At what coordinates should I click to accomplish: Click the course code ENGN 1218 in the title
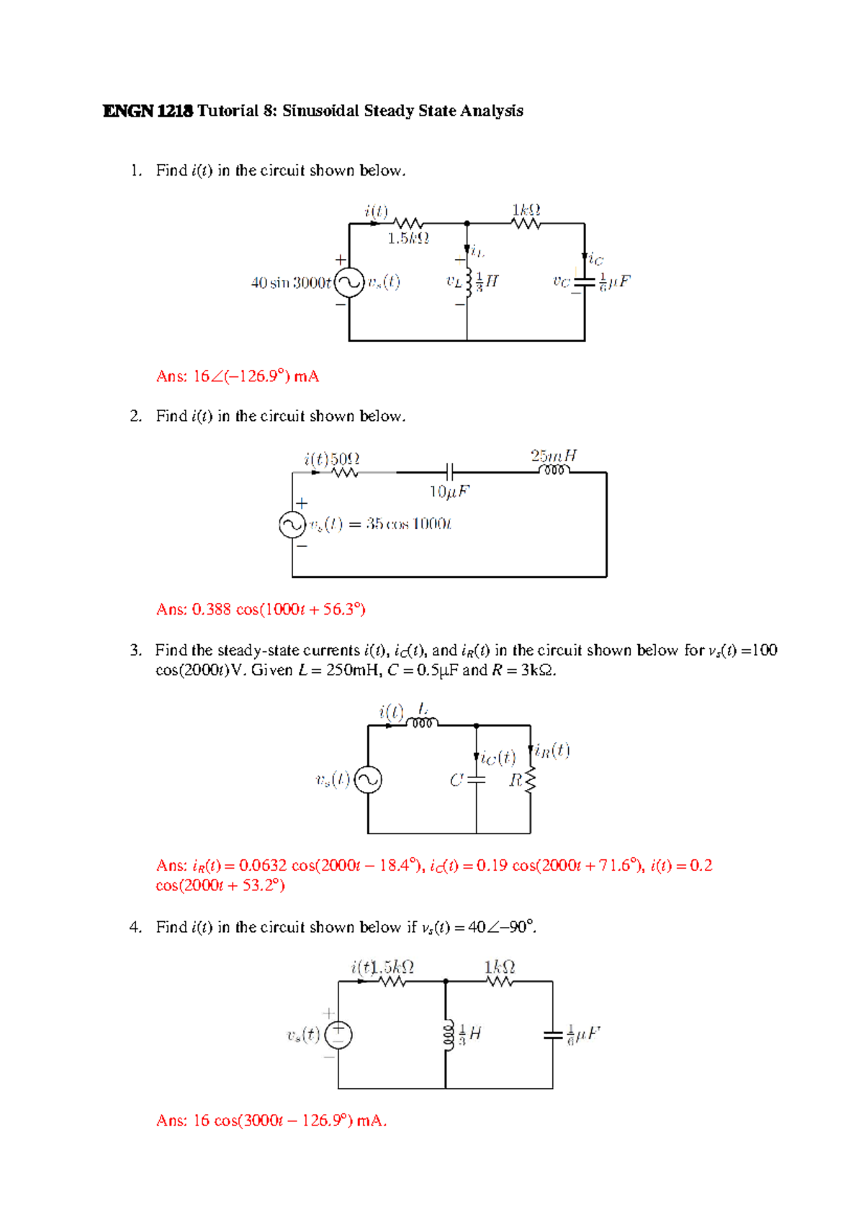tap(148, 111)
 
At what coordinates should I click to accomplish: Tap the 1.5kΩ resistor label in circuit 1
tap(408, 238)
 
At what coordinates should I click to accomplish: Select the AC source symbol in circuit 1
tap(349, 283)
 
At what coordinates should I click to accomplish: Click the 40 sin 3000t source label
tap(291, 283)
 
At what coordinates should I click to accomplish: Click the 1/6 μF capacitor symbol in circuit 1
tap(585, 283)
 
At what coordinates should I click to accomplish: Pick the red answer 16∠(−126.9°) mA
tap(238, 376)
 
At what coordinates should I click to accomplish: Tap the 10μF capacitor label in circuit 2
tap(449, 492)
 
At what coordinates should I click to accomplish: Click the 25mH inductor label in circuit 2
tap(554, 456)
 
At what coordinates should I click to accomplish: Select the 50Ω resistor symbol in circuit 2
tap(345, 473)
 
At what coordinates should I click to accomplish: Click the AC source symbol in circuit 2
tap(292, 525)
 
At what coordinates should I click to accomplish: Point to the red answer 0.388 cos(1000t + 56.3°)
tap(261, 610)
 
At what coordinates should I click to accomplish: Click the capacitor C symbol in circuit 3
tap(476, 779)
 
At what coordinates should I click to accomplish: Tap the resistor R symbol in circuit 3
tap(531, 779)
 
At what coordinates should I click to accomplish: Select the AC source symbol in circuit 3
tap(368, 780)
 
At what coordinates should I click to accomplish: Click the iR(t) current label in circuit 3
tap(551, 751)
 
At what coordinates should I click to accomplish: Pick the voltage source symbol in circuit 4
tap(338, 1035)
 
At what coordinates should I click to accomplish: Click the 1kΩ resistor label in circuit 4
tap(500, 967)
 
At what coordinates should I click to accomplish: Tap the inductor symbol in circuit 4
tap(447, 1035)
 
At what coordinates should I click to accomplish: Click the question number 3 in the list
tap(135, 651)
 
